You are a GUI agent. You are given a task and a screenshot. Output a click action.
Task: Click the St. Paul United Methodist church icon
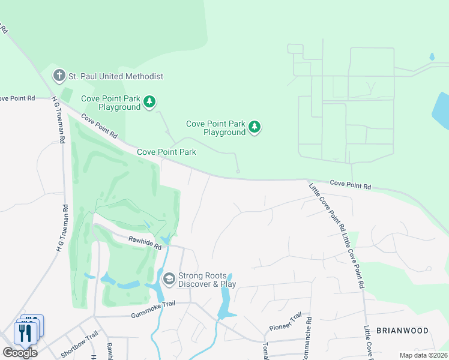[59, 76]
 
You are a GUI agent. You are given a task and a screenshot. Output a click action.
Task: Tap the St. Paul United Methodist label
[116, 76]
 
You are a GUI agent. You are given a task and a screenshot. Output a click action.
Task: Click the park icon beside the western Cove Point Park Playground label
[149, 103]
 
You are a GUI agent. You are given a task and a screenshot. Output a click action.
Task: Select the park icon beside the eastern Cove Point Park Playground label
[255, 127]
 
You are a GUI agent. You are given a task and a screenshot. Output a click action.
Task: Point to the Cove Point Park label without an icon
[166, 152]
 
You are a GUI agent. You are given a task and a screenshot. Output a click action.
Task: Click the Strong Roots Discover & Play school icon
[169, 278]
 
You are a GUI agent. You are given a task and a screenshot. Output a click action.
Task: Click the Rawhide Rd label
[145, 242]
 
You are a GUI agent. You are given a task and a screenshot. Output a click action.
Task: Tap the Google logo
[20, 352]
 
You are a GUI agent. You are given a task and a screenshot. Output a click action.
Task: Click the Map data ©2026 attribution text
[423, 355]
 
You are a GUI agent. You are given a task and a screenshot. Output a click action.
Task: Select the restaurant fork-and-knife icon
[26, 331]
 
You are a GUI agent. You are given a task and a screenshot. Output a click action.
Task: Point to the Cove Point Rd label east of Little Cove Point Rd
[351, 185]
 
